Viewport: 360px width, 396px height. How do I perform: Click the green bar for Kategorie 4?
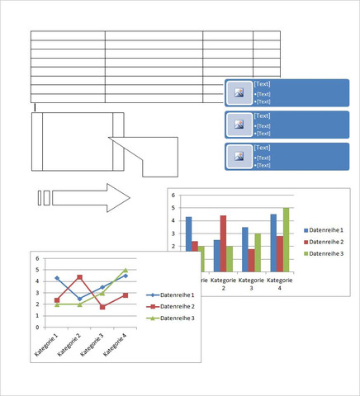click(x=286, y=240)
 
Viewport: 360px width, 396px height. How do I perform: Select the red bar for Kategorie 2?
click(x=223, y=243)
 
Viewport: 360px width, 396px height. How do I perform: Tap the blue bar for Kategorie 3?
click(x=245, y=250)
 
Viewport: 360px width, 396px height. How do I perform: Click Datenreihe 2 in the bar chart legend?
click(x=326, y=242)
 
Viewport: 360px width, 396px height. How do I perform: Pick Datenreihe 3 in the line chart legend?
click(x=178, y=318)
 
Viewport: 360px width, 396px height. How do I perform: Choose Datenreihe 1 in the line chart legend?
click(x=178, y=295)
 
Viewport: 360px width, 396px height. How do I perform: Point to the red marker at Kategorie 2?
click(x=79, y=277)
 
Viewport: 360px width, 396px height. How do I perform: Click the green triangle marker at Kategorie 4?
click(x=126, y=270)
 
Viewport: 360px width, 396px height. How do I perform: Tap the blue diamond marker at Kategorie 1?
click(x=57, y=278)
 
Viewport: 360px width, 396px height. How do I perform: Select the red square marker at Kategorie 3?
click(x=102, y=307)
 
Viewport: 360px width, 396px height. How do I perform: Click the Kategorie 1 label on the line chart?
click(x=46, y=345)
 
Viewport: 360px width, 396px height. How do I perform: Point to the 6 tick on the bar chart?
click(x=173, y=196)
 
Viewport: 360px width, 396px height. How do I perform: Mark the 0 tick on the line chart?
click(x=37, y=328)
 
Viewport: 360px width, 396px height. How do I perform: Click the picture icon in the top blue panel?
click(x=239, y=92)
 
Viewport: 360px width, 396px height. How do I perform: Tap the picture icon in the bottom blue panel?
click(x=239, y=157)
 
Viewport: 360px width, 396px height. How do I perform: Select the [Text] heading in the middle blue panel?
click(x=262, y=115)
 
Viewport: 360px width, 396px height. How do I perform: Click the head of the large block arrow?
click(x=118, y=198)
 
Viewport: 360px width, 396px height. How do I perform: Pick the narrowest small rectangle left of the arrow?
click(x=40, y=198)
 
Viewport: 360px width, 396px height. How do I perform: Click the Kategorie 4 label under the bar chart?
click(x=280, y=284)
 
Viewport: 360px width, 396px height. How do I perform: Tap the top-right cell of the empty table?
click(x=267, y=35)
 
